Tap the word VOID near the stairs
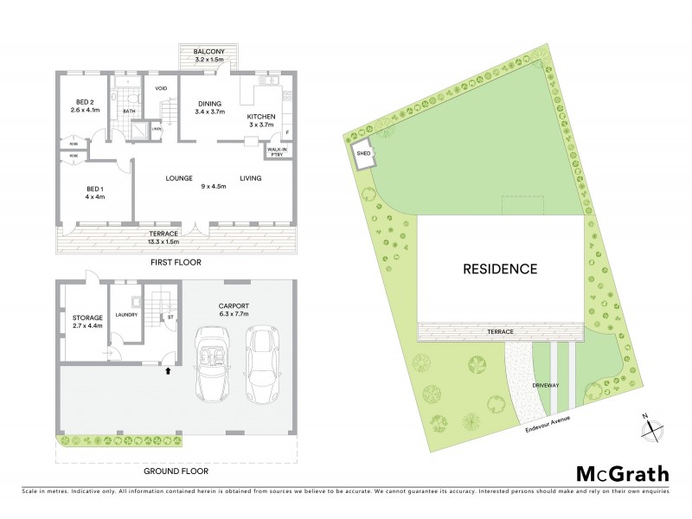pyautogui.click(x=161, y=88)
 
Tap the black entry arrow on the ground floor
pyautogui.click(x=168, y=371)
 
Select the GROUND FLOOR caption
pyautogui.click(x=176, y=471)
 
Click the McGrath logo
pyautogui.click(x=622, y=473)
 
